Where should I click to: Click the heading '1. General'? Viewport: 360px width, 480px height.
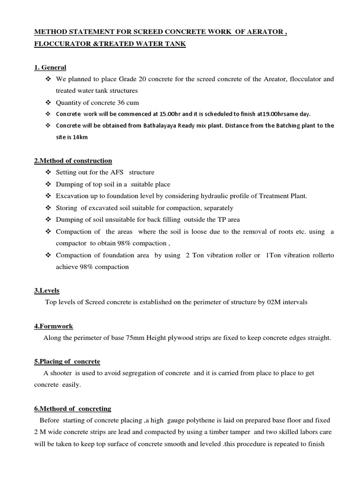(50, 67)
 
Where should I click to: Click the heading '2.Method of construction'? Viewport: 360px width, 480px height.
(73, 161)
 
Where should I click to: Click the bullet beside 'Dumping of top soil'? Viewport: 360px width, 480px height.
(48, 184)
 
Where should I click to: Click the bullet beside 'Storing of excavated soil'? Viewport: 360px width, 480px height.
(48, 208)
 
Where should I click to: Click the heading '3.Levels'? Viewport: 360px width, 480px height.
(46, 291)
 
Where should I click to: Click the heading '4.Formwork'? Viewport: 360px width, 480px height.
(53, 326)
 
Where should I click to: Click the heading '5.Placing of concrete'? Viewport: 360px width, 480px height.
(67, 361)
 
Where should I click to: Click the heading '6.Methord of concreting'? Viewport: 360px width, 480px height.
(72, 408)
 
